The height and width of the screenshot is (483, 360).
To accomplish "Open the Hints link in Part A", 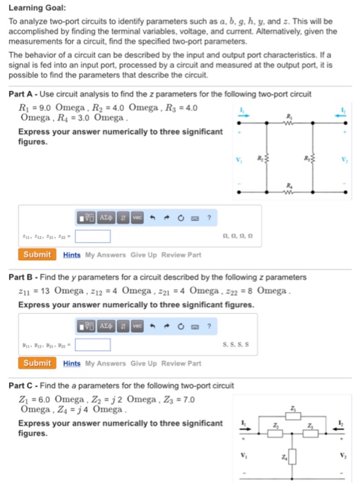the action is pyautogui.click(x=72, y=255).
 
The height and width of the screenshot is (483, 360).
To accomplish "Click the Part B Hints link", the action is pyautogui.click(x=72, y=363).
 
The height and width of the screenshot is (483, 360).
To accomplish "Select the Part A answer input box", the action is pyautogui.click(x=92, y=236).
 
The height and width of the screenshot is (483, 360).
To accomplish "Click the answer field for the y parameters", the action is pyautogui.click(x=92, y=344).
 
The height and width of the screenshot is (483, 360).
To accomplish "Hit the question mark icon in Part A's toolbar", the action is pyautogui.click(x=208, y=216).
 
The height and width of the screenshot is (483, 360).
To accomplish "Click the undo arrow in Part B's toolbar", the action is pyautogui.click(x=150, y=324).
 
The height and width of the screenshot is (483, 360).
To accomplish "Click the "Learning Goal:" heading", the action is pyautogui.click(x=37, y=8).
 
